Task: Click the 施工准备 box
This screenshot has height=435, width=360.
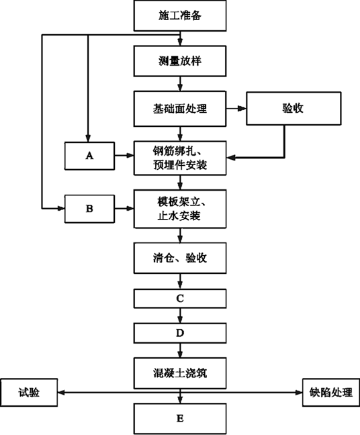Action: tap(180, 15)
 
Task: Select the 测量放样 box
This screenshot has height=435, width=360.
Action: tap(180, 61)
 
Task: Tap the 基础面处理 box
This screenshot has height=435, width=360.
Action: tap(180, 109)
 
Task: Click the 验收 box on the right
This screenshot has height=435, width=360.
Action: tap(294, 109)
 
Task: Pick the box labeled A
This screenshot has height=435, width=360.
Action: tap(89, 156)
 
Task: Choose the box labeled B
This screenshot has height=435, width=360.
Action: tap(89, 209)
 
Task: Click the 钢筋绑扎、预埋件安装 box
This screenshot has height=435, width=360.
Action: tap(180, 158)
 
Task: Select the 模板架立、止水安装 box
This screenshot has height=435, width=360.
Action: tap(180, 209)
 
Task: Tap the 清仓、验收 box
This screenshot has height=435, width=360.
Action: tap(180, 258)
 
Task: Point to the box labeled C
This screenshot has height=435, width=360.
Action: tap(180, 299)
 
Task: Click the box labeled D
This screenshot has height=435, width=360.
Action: tap(180, 333)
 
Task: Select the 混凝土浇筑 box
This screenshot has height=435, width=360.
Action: tap(180, 373)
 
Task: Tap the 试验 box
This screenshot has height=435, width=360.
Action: tap(29, 393)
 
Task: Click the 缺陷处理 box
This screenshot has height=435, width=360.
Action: tap(331, 393)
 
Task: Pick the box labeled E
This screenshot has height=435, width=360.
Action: tap(180, 419)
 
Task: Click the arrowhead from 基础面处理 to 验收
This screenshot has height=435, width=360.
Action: tap(242, 109)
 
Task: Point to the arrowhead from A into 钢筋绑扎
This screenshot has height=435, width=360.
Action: tap(130, 156)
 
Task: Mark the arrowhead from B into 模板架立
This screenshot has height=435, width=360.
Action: tap(130, 208)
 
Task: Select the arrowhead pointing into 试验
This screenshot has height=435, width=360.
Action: tap(62, 393)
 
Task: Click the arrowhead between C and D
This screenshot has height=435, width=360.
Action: tap(180, 319)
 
